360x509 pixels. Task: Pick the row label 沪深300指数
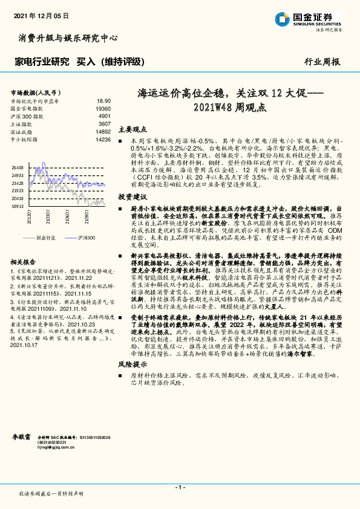tap(27, 115)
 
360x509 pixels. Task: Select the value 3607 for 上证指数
tap(104, 123)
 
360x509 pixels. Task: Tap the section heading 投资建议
tap(133, 198)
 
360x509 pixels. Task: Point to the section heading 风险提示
tap(133, 365)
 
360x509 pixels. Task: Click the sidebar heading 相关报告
tap(25, 262)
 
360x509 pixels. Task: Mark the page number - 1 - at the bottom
tap(180, 487)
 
